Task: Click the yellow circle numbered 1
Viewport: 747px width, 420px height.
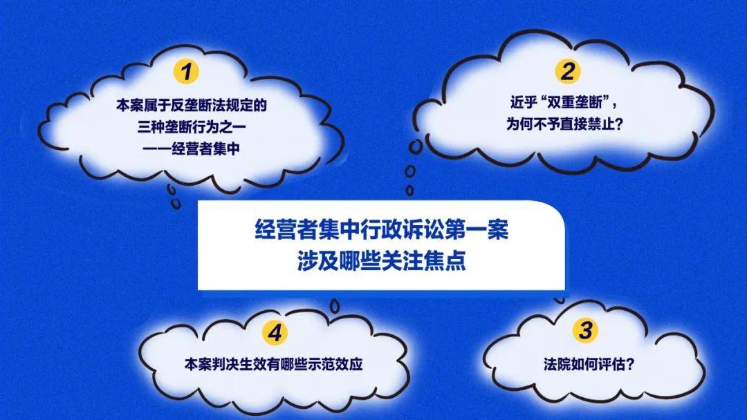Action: [186, 72]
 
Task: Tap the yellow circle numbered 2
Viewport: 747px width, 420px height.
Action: [567, 71]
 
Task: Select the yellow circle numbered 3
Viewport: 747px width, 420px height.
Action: [586, 330]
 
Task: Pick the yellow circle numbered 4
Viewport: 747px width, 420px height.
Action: [275, 332]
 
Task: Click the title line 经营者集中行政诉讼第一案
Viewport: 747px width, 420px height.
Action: [382, 230]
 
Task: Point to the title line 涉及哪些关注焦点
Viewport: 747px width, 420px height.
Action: [382, 260]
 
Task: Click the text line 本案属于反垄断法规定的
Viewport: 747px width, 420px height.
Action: [192, 105]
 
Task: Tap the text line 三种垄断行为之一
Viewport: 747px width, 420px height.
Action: [192, 127]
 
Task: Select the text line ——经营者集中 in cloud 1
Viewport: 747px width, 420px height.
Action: [192, 149]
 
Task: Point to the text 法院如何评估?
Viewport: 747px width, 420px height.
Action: [589, 364]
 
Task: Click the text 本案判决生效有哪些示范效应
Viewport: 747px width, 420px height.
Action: [273, 364]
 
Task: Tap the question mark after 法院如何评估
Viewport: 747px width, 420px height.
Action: [630, 364]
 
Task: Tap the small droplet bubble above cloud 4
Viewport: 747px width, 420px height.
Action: [335, 306]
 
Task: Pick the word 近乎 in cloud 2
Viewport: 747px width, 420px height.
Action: [524, 103]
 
